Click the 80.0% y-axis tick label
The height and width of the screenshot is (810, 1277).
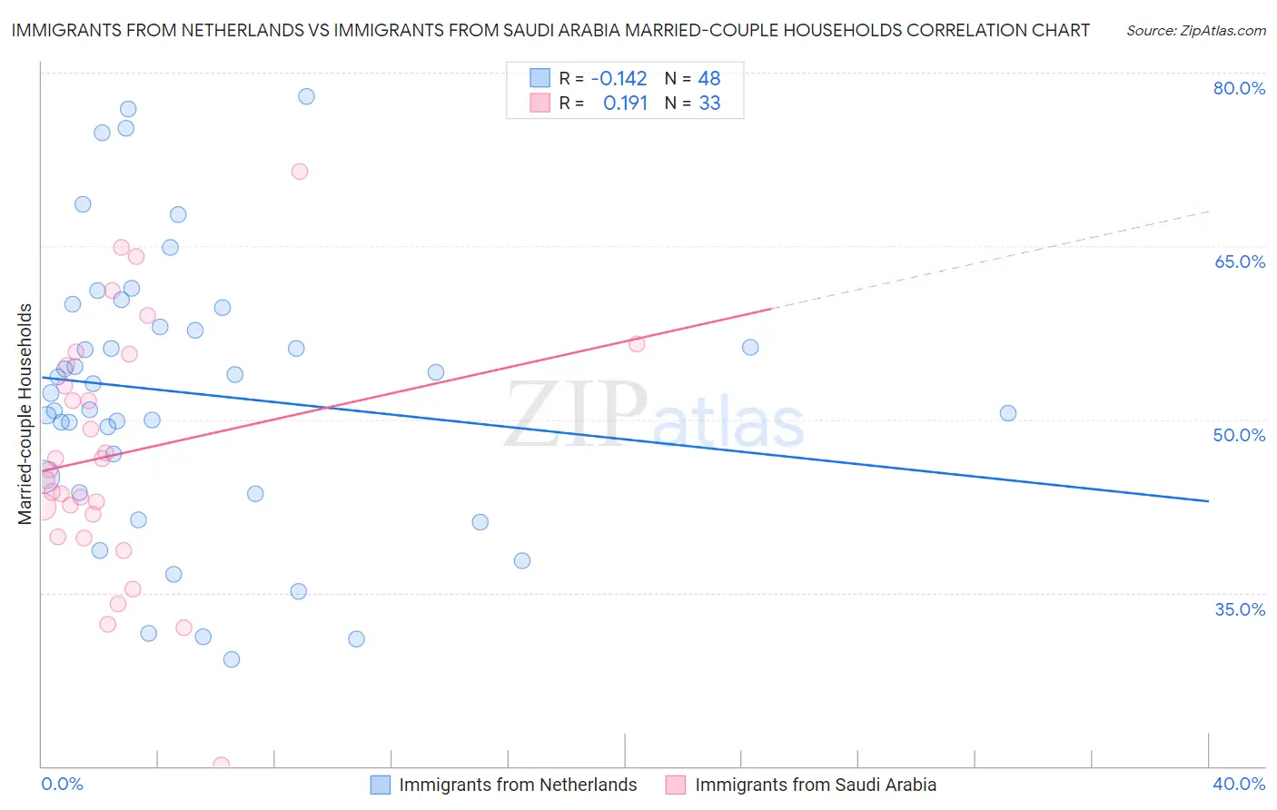coord(1239,88)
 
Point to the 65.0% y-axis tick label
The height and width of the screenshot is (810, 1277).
coord(1239,262)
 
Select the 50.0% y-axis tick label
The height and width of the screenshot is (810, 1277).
coord(1239,435)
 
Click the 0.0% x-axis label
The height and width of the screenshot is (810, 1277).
coord(62,784)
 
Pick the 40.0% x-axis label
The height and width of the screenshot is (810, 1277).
coord(1239,784)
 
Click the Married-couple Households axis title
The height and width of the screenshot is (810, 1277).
coord(25,414)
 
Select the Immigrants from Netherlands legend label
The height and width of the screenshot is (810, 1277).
coord(518,785)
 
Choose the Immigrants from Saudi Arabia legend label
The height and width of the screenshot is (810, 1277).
coord(815,785)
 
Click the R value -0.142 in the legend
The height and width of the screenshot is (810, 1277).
coord(619,79)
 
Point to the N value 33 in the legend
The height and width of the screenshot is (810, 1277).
coord(709,104)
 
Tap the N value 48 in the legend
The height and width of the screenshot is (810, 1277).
coord(708,79)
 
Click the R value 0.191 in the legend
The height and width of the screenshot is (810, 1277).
coord(625,104)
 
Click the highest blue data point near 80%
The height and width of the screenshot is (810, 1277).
coord(306,96)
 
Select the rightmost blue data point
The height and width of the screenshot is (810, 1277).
coord(1007,413)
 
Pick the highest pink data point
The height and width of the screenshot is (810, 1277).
coord(300,172)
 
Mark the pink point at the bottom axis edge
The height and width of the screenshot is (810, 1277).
coord(221,765)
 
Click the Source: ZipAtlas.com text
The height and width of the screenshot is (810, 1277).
coord(1195,31)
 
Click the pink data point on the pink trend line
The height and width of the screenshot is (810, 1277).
coord(637,343)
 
